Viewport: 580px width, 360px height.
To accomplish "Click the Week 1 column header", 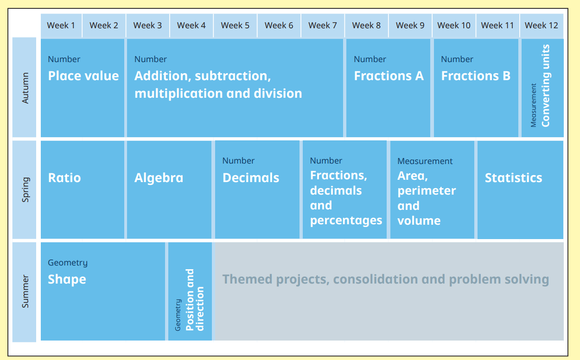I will tap(61, 25).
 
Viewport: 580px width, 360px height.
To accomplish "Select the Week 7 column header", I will tap(322, 25).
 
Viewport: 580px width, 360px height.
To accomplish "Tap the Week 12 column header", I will tap(541, 25).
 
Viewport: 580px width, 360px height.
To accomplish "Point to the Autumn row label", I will tap(25, 88).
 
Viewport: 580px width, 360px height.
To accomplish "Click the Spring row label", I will tap(25, 189).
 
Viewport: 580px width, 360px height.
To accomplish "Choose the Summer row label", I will tap(25, 291).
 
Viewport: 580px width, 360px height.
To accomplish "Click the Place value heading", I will tap(83, 76).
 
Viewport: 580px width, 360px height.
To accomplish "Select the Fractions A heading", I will tap(389, 76).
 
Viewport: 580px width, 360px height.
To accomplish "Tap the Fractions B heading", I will tap(475, 76).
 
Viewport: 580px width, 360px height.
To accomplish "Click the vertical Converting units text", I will tap(545, 86).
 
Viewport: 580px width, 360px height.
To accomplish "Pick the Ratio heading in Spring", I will tap(64, 178).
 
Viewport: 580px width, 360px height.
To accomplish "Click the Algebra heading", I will tap(159, 178).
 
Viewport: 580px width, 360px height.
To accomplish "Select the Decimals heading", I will tap(251, 178).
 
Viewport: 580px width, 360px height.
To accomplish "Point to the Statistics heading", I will tap(513, 178).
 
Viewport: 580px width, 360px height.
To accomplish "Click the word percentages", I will tap(346, 221).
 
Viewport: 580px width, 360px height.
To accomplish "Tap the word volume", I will tap(419, 221).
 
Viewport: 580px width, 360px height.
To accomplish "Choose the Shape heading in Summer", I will tap(67, 279).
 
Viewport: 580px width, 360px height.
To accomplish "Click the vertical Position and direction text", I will tap(194, 300).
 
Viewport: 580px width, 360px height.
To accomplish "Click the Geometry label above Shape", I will tap(67, 263).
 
